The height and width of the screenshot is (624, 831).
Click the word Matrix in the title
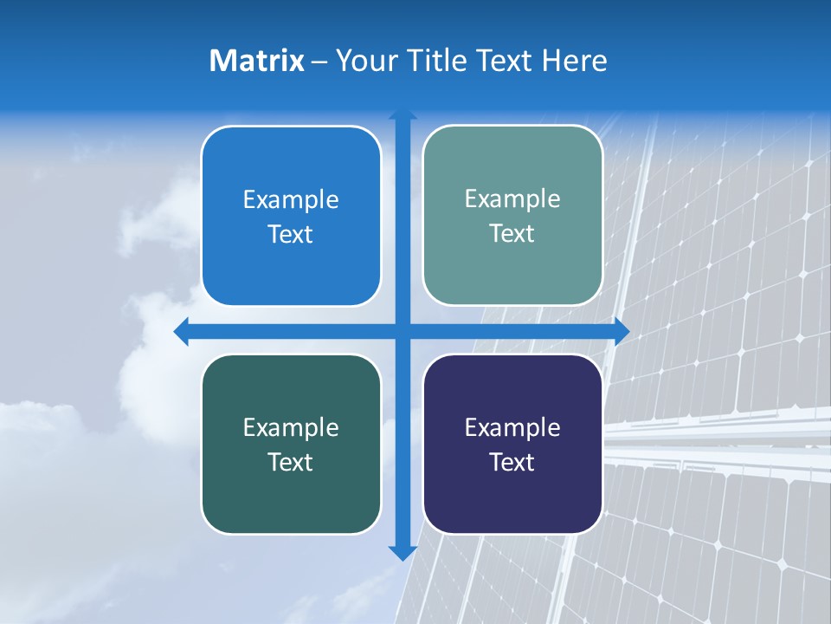(257, 61)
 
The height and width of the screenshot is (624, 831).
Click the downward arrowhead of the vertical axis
(403, 552)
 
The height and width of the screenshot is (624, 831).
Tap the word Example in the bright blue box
(291, 200)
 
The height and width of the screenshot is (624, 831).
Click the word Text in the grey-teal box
(512, 234)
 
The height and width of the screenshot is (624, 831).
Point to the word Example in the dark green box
(291, 428)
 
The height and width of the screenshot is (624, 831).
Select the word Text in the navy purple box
(512, 463)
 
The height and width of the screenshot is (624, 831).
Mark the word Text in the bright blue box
(291, 235)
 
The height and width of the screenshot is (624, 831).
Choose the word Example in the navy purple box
(512, 428)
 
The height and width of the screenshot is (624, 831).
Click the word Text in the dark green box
(291, 463)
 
